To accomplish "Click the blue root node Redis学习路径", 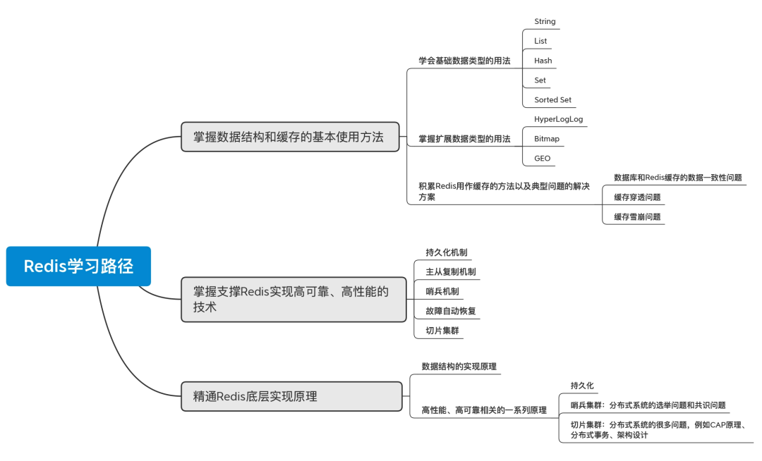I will (78, 266).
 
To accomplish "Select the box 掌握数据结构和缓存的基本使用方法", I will (289, 137).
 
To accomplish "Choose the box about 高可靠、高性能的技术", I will (293, 299).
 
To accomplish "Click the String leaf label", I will (545, 21).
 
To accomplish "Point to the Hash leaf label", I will (543, 61).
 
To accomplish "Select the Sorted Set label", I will (552, 100).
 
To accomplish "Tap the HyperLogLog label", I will (558, 119).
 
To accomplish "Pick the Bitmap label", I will (546, 139).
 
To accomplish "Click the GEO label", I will (542, 158).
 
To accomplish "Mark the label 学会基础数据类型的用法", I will (464, 61).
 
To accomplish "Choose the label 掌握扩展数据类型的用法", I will (464, 139).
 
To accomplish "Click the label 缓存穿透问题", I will (637, 197).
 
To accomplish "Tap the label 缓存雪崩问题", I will (637, 216).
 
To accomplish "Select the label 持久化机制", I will (446, 252).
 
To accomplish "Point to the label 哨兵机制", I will (442, 291).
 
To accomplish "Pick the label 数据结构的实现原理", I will (459, 366).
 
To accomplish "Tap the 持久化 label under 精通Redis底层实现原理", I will (582, 386).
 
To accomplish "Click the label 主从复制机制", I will (450, 271).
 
